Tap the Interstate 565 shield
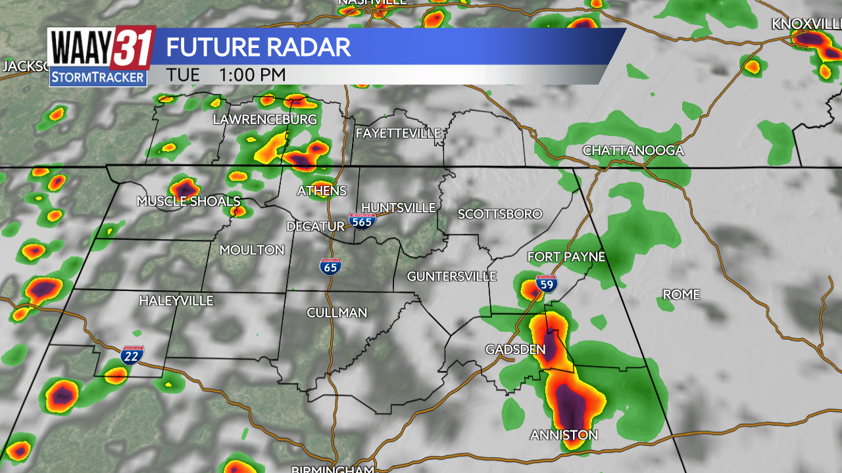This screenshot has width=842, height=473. (362, 221)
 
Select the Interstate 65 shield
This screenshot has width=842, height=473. (331, 266)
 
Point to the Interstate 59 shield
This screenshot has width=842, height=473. (546, 284)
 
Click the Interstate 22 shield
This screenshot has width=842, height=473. (132, 355)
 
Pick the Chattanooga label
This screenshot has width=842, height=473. (633, 151)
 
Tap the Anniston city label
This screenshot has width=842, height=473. (564, 435)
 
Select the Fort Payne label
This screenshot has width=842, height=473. (566, 257)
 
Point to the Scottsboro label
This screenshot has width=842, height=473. (500, 214)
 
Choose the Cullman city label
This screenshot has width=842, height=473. (337, 313)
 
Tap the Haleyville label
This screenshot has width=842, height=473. (176, 301)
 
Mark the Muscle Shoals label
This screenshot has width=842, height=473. (188, 201)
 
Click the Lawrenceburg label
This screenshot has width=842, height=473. (264, 120)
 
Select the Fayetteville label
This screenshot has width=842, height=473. (398, 133)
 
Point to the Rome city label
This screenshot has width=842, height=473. (681, 294)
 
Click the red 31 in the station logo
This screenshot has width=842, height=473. (133, 47)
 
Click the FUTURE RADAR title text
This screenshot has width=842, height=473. (258, 47)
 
